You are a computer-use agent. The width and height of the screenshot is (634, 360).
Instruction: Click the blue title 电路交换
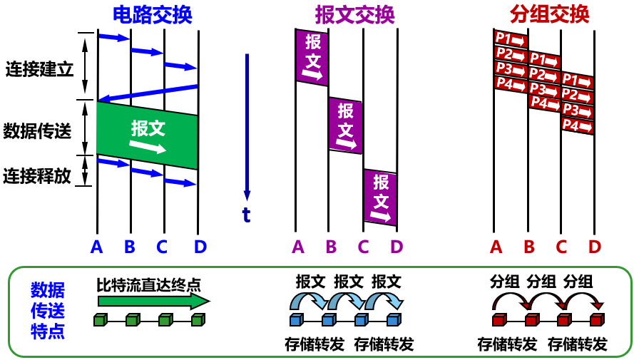(153, 14)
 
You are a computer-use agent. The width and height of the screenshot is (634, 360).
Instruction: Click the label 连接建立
(39, 70)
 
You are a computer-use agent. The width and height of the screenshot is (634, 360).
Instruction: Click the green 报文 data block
(148, 135)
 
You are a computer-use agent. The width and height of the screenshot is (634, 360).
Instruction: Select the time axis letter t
(247, 214)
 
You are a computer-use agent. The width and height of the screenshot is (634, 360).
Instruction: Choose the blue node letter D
(200, 247)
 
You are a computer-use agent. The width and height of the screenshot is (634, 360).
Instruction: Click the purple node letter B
(331, 247)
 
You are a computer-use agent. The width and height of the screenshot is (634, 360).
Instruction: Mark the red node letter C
(561, 247)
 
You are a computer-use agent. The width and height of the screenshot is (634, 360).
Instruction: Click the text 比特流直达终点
(148, 286)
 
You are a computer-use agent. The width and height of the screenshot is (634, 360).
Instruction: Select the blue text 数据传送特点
(48, 311)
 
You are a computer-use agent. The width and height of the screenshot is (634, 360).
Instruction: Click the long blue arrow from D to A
(148, 93)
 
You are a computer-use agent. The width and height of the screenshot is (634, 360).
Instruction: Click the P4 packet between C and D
(577, 126)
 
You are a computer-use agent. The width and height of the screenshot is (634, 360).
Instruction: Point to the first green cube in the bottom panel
(100, 320)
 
